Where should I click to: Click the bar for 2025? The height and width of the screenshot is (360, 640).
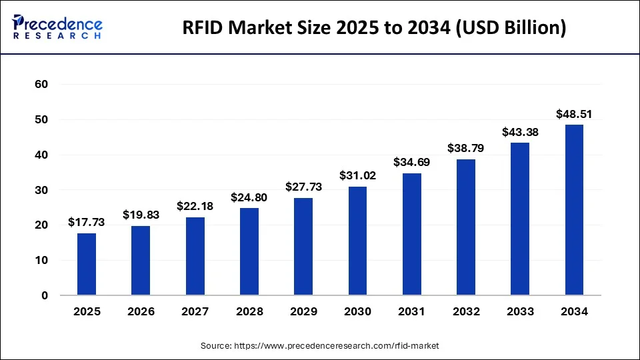point(87,264)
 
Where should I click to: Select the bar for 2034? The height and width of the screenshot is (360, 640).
point(574,210)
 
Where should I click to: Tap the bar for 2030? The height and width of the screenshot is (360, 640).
point(357,241)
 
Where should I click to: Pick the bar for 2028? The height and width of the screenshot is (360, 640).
point(249,251)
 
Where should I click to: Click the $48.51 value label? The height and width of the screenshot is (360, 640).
point(574,115)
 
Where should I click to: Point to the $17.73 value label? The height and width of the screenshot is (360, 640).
point(87,223)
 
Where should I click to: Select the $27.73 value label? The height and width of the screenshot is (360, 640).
point(303,187)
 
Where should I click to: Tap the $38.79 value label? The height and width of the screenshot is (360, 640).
point(466,149)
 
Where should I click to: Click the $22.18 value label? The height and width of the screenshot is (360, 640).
point(195,207)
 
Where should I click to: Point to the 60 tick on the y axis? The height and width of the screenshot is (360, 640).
point(41,85)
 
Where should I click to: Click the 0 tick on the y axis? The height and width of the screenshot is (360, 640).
point(45,295)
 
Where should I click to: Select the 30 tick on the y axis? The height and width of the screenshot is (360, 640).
point(41,190)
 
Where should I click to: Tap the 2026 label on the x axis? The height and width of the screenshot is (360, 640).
point(141,311)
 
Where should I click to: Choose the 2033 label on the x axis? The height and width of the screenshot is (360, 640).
point(520,311)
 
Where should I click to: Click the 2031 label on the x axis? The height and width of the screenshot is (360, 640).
point(411,311)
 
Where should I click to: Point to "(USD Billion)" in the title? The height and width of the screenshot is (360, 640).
point(511,29)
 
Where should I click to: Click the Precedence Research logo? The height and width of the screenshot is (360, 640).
point(57,27)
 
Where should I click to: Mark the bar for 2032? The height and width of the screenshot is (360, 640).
point(466,227)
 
